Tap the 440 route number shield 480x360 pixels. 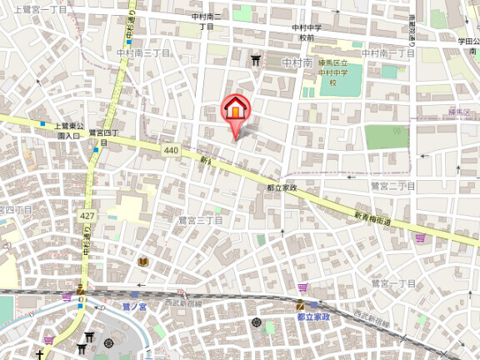171,150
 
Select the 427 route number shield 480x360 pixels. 86,216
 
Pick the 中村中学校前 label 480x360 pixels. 307,32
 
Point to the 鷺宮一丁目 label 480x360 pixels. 393,284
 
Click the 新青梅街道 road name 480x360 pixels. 372,219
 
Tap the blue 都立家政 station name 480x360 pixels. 313,317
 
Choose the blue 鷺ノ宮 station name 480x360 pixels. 134,307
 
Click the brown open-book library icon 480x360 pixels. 142,262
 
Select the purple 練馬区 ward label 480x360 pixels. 460,111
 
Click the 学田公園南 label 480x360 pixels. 464,45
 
